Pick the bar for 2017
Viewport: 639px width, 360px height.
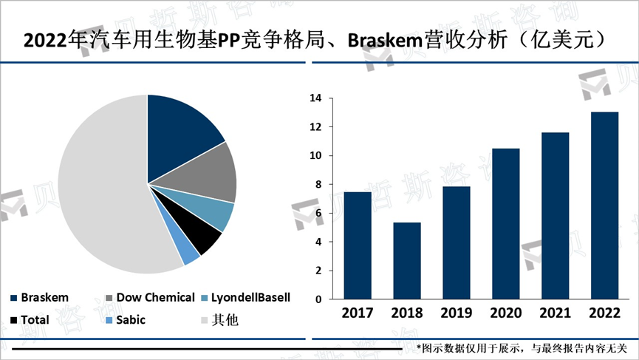pos(357,245)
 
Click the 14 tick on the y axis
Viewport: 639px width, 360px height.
pos(315,98)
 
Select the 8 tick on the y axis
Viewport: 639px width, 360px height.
pos(318,185)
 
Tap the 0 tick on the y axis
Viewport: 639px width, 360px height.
pos(318,299)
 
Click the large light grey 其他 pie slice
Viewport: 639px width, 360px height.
pos(103,192)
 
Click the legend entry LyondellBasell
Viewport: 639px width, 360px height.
pos(250,297)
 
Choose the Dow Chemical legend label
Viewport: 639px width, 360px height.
pos(155,297)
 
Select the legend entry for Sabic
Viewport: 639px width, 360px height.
pos(131,320)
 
